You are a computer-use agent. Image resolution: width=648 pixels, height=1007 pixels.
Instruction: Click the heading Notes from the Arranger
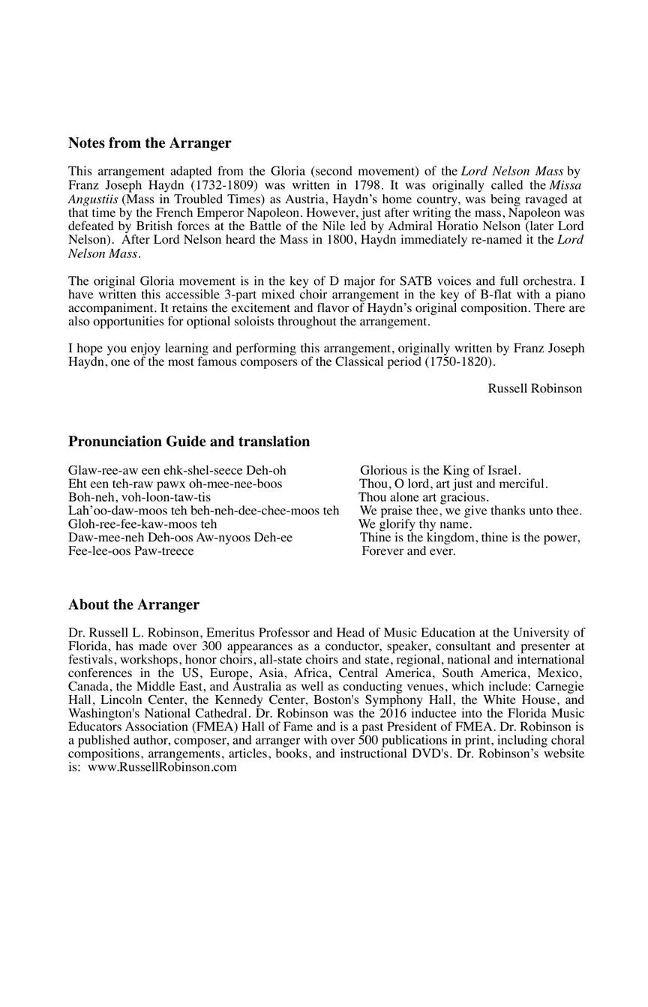(x=149, y=143)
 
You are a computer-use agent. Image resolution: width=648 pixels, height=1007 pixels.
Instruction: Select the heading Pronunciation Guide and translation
(x=188, y=442)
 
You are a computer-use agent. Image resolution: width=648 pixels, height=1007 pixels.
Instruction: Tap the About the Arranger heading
(x=133, y=605)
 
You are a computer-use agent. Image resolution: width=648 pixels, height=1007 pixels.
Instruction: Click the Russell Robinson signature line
(x=535, y=388)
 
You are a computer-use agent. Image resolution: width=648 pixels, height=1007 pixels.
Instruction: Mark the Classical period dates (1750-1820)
(x=460, y=362)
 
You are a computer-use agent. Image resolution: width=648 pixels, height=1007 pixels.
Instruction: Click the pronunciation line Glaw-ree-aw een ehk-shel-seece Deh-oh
(x=177, y=471)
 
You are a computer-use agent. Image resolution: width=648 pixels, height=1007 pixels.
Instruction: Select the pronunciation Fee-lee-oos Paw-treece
(x=130, y=552)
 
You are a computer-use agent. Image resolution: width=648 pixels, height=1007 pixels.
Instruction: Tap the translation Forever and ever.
(x=408, y=552)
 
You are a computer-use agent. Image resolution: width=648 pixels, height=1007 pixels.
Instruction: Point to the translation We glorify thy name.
(x=415, y=525)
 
